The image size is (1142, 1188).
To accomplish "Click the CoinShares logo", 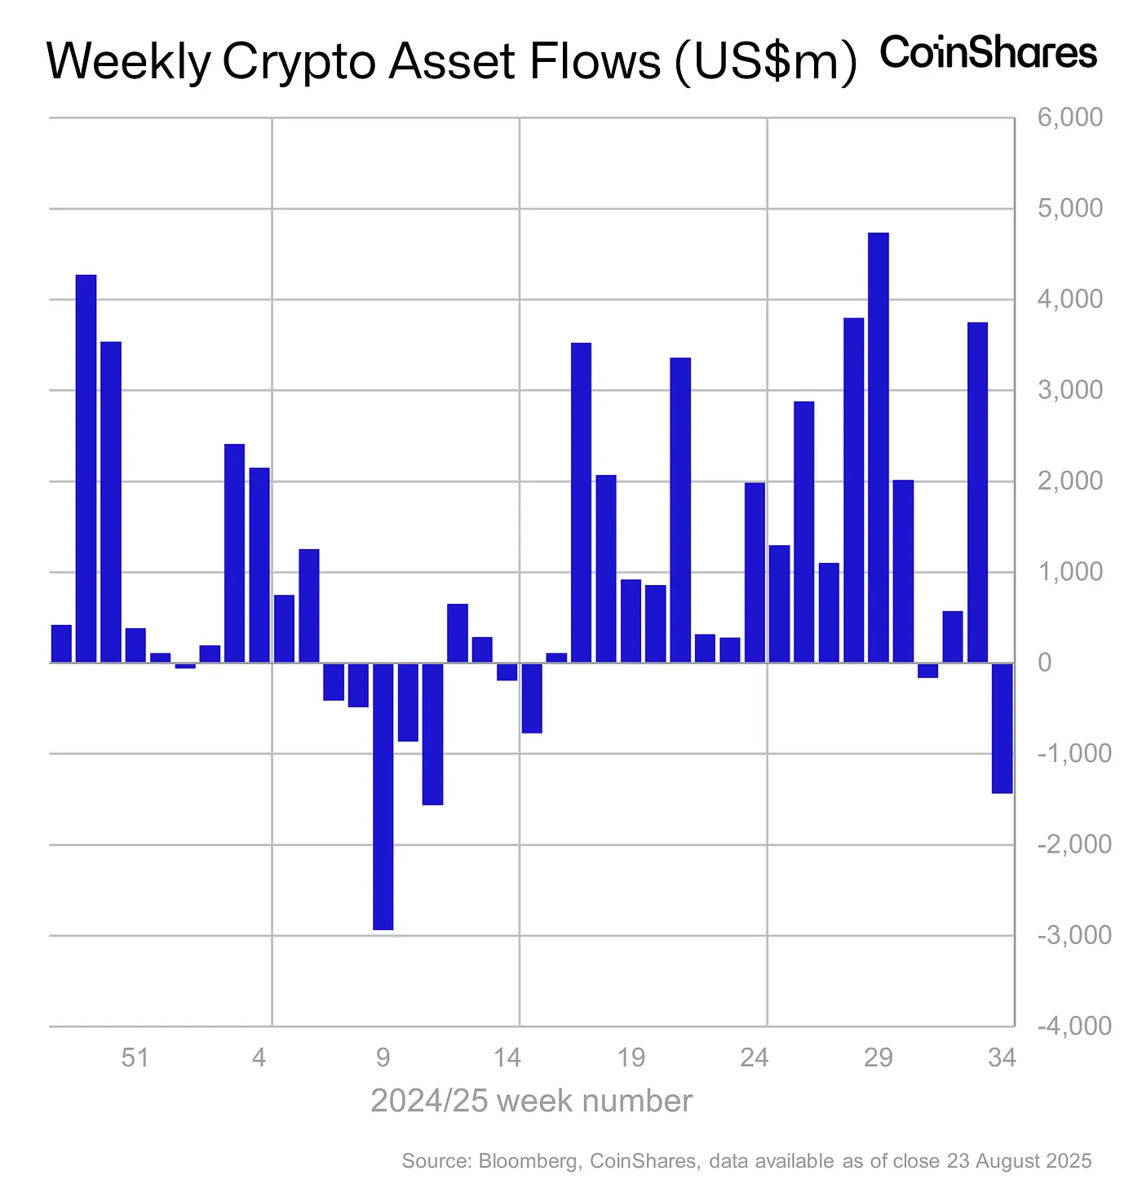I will click(989, 53).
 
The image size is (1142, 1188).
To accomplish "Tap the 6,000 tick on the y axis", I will click(1069, 117).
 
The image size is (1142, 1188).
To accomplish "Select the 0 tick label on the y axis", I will click(1044, 663).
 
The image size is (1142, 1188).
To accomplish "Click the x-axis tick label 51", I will click(135, 1058).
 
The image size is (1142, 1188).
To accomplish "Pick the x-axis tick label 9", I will click(383, 1058).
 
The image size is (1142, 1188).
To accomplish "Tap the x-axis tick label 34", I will click(1001, 1058).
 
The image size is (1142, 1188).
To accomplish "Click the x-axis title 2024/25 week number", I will click(531, 1102).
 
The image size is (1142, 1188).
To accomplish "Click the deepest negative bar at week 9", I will click(383, 796).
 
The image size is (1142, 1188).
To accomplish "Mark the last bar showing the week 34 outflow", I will click(1003, 728).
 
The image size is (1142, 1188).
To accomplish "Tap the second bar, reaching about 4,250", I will click(86, 468).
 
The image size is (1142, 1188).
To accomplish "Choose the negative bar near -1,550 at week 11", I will click(432, 734).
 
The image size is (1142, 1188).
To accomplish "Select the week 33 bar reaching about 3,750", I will click(977, 492).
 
